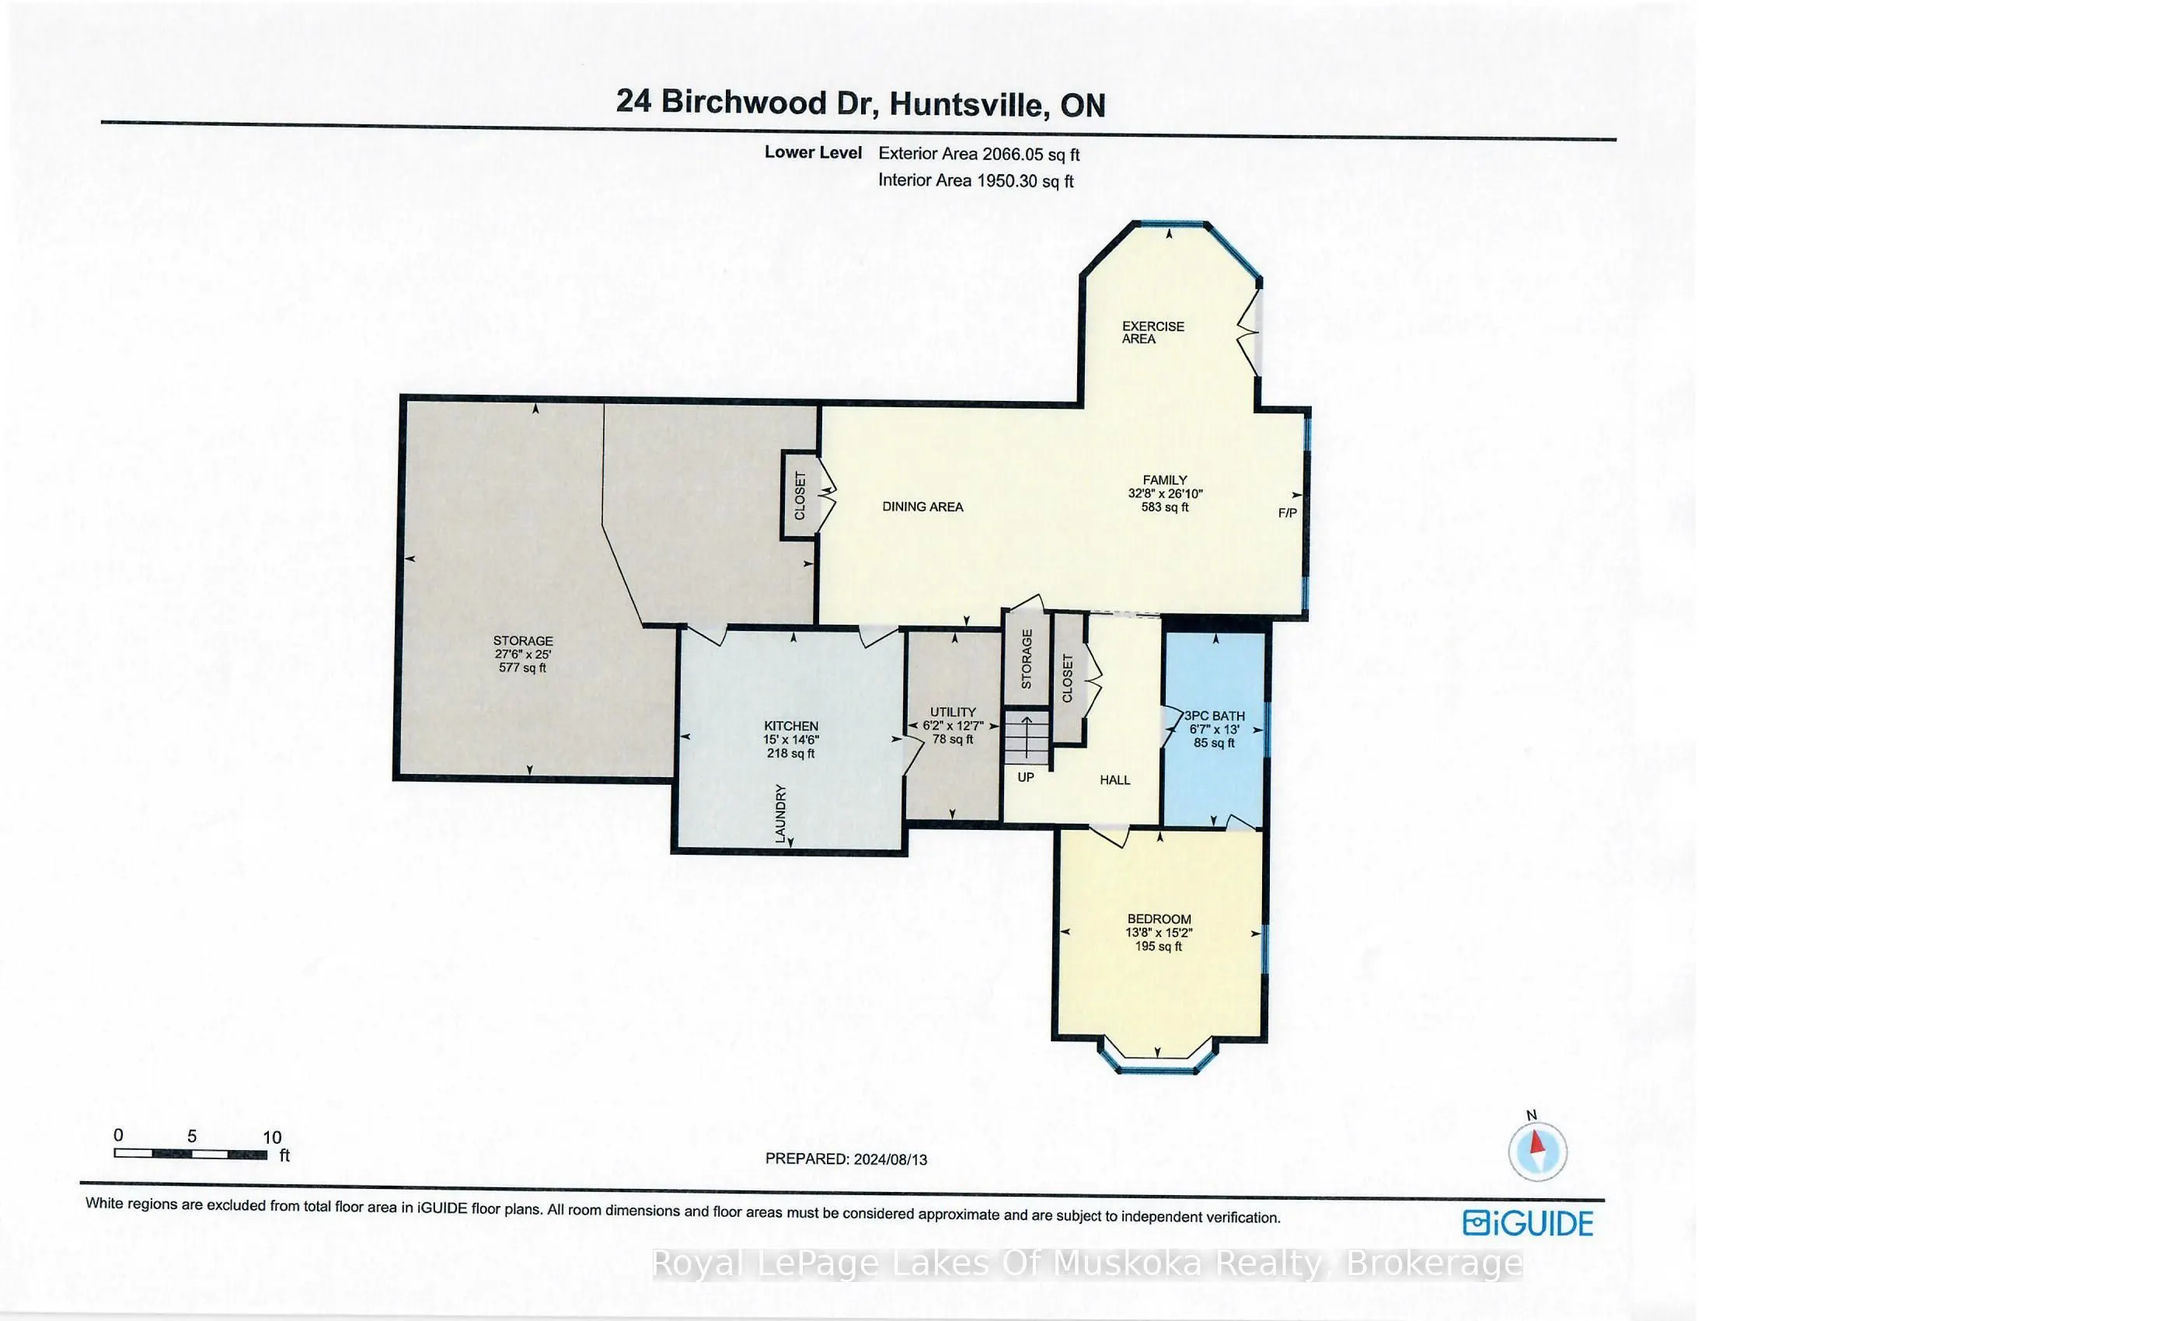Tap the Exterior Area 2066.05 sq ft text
pyautogui.click(x=978, y=155)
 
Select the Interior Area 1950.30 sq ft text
pyautogui.click(x=975, y=181)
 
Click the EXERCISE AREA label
pyautogui.click(x=1153, y=332)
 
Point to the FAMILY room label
pyautogui.click(x=1165, y=493)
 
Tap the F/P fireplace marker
pyautogui.click(x=1287, y=513)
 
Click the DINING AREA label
pyautogui.click(x=922, y=507)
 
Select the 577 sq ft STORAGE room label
pyautogui.click(x=523, y=654)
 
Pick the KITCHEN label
pyautogui.click(x=790, y=739)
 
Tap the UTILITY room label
pyautogui.click(x=953, y=725)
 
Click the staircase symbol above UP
pyautogui.click(x=1026, y=737)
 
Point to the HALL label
pyautogui.click(x=1114, y=779)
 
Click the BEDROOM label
pyautogui.click(x=1159, y=932)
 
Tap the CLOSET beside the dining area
pyautogui.click(x=799, y=496)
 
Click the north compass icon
pyautogui.click(x=1536, y=1151)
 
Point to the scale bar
pyautogui.click(x=190, y=1154)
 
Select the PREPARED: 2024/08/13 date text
pyautogui.click(x=846, y=1159)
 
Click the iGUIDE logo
pyautogui.click(x=1528, y=1223)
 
